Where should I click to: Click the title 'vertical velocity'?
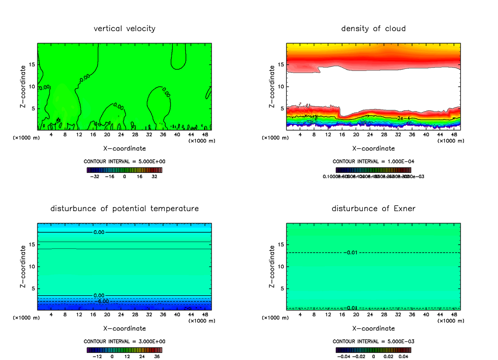[x=124, y=29]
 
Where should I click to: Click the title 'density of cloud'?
[x=373, y=29]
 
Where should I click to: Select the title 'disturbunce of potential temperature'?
[x=124, y=209]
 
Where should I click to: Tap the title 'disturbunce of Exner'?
[x=373, y=209]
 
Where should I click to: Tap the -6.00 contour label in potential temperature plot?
[x=101, y=301]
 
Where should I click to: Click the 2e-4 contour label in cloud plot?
[x=403, y=118]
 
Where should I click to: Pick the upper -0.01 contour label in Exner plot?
[x=350, y=253]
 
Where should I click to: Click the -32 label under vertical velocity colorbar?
[x=96, y=176]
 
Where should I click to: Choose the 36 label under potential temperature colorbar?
[x=156, y=356]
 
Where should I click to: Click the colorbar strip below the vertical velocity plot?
[x=124, y=170]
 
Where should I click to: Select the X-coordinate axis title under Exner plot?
[x=373, y=328]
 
